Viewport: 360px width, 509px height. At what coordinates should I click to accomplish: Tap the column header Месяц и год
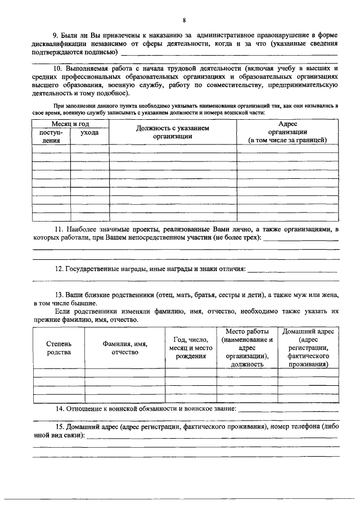(x=70, y=123)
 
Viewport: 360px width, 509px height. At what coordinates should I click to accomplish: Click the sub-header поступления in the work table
(x=51, y=137)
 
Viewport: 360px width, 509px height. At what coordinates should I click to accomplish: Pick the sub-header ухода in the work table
(x=89, y=133)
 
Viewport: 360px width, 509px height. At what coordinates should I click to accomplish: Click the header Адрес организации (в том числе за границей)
(x=287, y=132)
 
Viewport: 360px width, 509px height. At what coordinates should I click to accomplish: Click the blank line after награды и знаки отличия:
(x=292, y=269)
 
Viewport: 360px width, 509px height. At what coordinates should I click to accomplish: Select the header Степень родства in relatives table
(x=58, y=348)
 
